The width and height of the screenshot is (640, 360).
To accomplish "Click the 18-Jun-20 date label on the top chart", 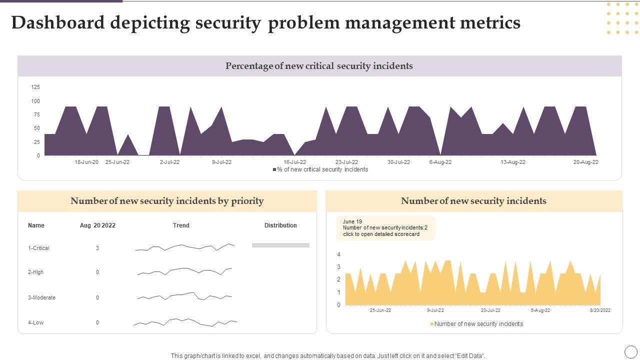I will point(86,162).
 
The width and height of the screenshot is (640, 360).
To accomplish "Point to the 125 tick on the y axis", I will point(35,87).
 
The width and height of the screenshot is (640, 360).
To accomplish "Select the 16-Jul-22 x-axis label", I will point(294,162).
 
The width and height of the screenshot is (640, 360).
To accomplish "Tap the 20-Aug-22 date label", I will point(585,162).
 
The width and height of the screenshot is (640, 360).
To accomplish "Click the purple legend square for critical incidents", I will point(274,169).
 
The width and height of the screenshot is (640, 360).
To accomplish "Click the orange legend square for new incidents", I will point(432,324).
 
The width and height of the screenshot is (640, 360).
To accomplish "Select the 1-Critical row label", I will point(38,248).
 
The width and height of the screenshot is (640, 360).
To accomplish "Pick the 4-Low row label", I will point(35,322).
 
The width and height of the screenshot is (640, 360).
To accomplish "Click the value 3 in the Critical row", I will point(97,248).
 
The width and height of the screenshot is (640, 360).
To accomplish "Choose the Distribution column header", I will point(280,225).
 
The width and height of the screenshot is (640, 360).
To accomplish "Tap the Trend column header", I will point(181,225).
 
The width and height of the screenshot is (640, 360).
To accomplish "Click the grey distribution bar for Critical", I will point(280,245).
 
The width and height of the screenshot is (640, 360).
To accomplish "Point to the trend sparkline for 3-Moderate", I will point(185,296).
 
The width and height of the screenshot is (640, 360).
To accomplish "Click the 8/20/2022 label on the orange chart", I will point(600,310).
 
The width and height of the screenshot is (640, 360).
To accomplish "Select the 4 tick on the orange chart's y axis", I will point(338,254).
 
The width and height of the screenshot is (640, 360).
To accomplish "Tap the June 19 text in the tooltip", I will point(352,221).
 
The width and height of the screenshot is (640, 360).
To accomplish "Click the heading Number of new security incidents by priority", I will point(167,201).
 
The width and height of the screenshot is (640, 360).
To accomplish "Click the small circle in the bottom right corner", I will point(631,351).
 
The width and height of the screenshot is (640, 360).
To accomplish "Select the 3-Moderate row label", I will point(41,297).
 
